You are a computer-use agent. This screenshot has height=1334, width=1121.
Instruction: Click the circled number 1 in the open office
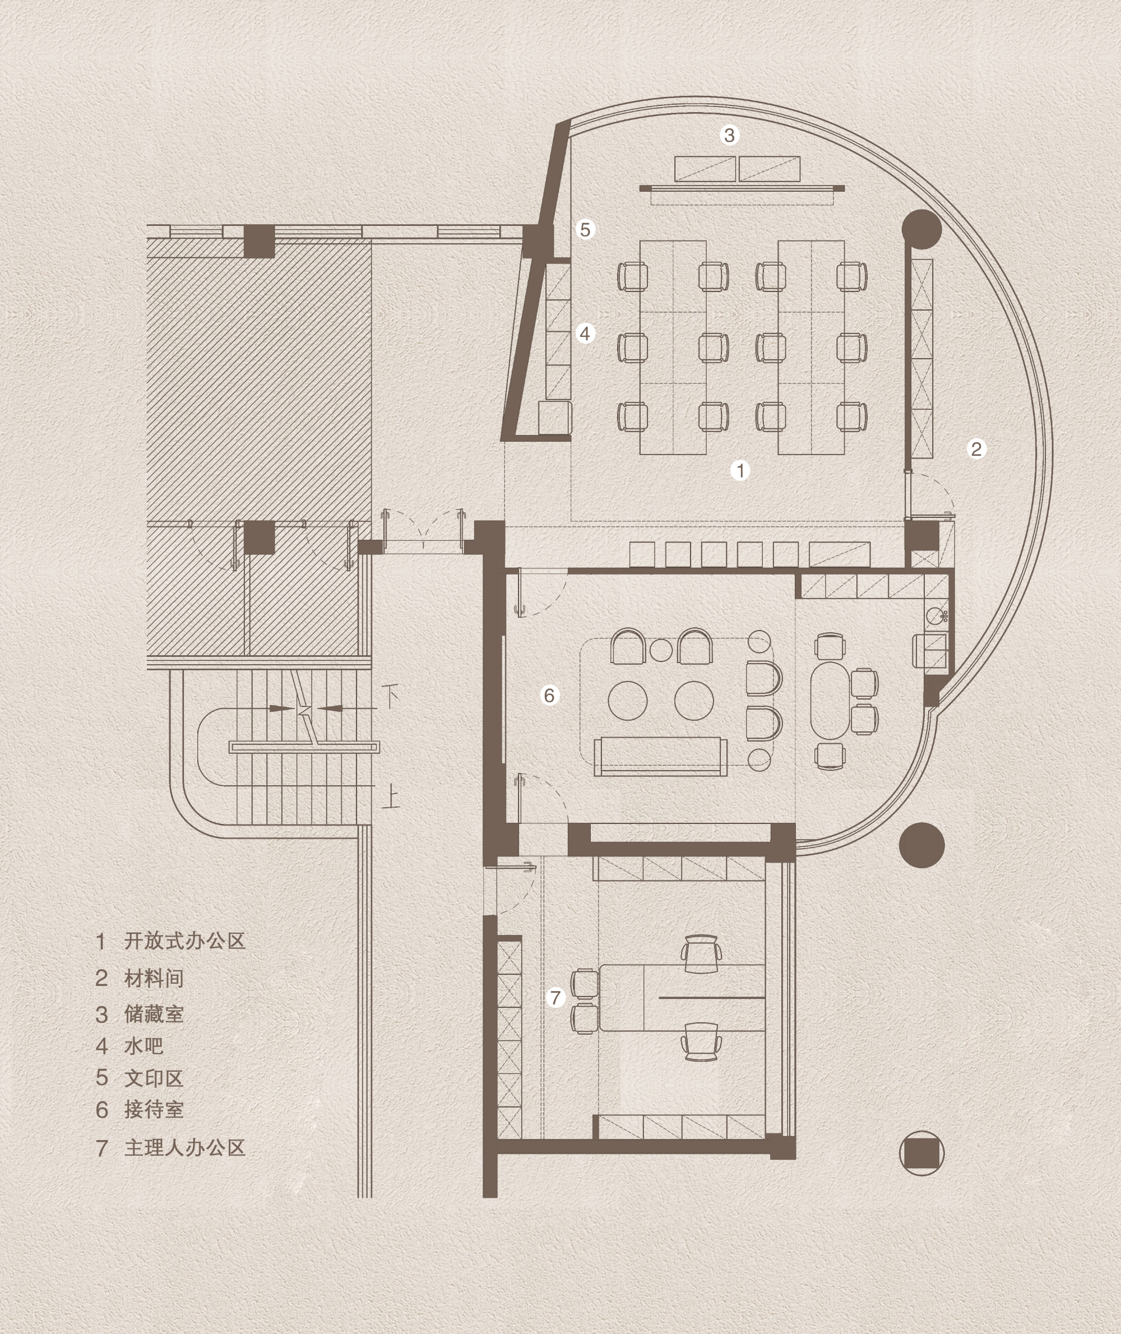click(x=740, y=470)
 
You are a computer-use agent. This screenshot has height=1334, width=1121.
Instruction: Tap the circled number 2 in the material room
click(x=976, y=449)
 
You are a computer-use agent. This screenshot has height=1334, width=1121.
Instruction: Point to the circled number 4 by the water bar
click(x=585, y=333)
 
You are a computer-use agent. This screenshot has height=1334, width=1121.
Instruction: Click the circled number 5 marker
click(x=585, y=229)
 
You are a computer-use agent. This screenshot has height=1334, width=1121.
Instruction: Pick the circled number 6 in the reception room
click(x=550, y=694)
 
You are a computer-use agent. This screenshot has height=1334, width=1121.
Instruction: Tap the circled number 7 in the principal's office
click(x=556, y=998)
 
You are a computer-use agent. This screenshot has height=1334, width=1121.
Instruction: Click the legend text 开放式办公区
click(x=184, y=941)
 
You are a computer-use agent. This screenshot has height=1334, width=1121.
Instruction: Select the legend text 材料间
click(x=154, y=978)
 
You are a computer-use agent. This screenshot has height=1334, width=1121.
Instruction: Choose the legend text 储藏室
click(x=154, y=1014)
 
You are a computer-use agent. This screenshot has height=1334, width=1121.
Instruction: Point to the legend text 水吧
click(x=143, y=1045)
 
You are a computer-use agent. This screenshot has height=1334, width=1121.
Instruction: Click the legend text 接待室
click(x=154, y=1109)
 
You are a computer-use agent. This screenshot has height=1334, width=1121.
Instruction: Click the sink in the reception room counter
click(x=936, y=615)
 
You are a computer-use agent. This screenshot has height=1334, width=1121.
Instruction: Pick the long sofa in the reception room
click(x=661, y=756)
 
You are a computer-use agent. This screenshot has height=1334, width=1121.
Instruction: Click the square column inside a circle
click(x=921, y=1153)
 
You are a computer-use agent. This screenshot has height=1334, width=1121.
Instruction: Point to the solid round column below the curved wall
click(x=921, y=845)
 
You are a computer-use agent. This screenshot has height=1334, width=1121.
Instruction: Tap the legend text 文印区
click(x=154, y=1078)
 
